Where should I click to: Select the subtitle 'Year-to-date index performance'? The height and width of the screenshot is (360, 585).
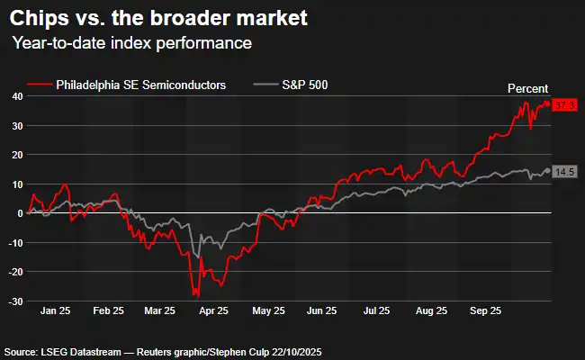coord(131,43)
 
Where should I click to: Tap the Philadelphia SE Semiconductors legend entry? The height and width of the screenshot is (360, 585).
coord(139,85)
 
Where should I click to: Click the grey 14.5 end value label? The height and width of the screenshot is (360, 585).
coord(564,171)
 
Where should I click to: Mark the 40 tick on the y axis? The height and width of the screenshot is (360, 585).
coord(16,96)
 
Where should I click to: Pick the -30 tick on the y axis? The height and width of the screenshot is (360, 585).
coord(14,301)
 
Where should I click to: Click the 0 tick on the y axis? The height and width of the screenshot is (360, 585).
coord(19,213)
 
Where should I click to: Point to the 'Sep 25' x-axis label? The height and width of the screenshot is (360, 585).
coord(486,311)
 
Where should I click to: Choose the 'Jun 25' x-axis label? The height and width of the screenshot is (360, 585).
coord(321,311)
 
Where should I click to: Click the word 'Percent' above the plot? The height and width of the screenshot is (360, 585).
coord(529,87)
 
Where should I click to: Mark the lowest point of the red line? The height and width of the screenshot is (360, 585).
coord(196,296)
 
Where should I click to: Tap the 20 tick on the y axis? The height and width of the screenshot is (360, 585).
coord(16,155)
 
